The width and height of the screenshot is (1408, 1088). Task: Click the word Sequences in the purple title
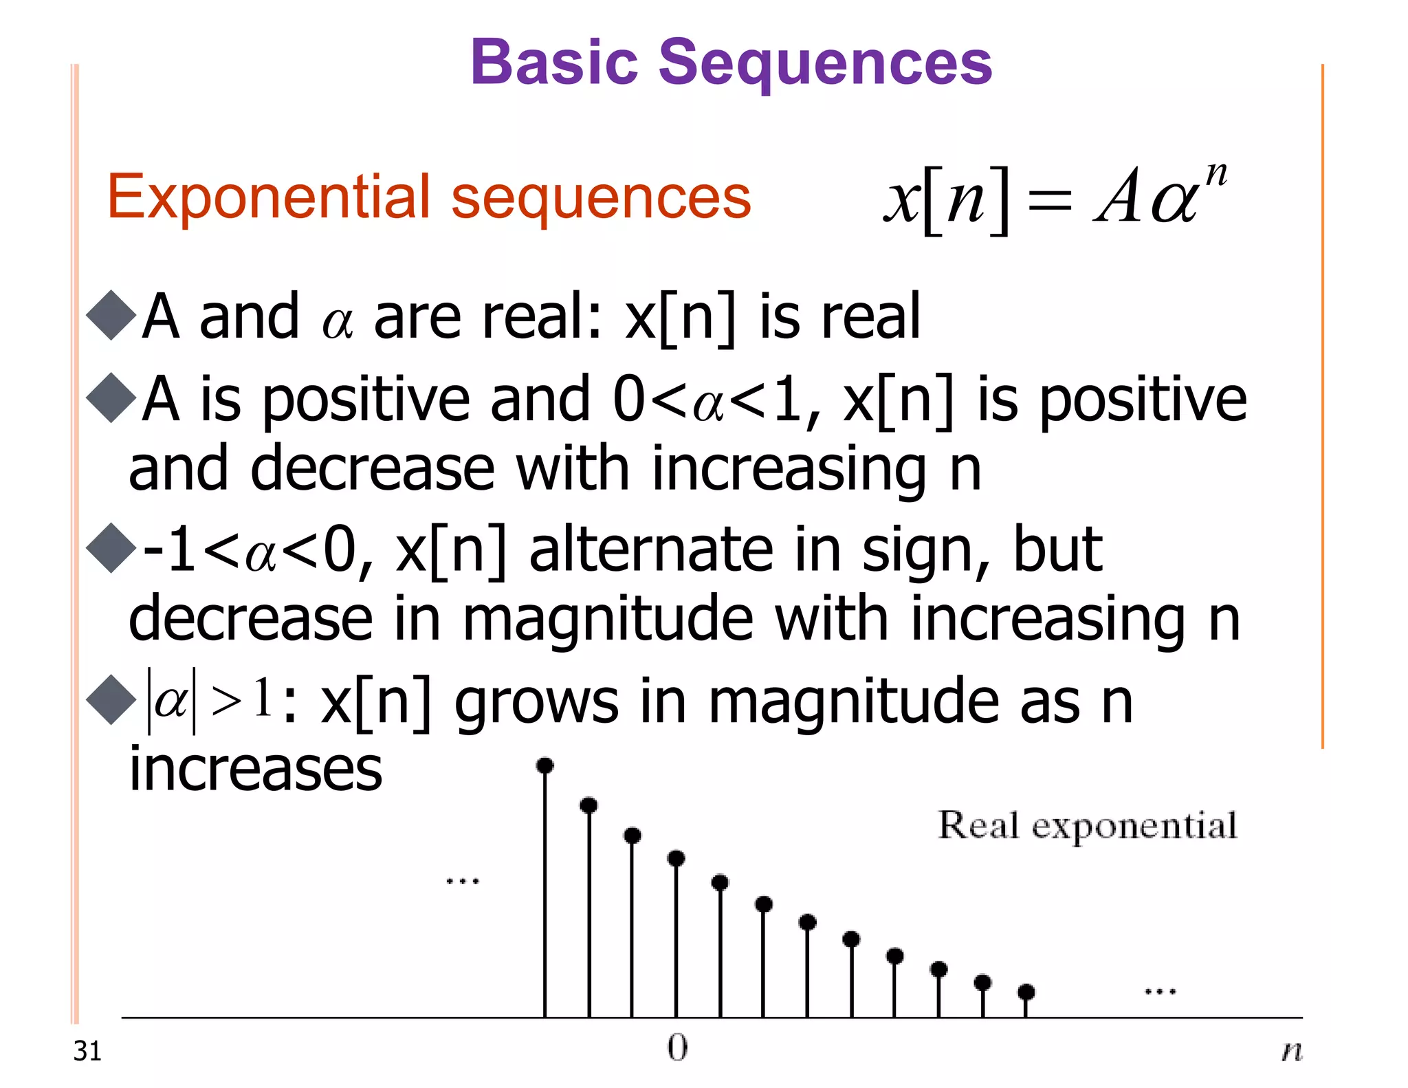tap(825, 64)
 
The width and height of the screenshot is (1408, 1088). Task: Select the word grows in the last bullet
tap(536, 703)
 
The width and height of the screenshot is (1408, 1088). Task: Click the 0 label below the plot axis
tap(677, 1047)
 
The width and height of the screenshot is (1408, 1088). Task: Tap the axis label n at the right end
tap(1292, 1051)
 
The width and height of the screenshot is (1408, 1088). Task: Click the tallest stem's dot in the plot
tap(545, 765)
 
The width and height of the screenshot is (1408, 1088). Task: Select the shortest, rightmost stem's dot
tap(1026, 992)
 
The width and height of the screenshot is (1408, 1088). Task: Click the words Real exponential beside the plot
tap(1087, 826)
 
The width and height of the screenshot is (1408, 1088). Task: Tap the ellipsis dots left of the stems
tap(463, 881)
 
